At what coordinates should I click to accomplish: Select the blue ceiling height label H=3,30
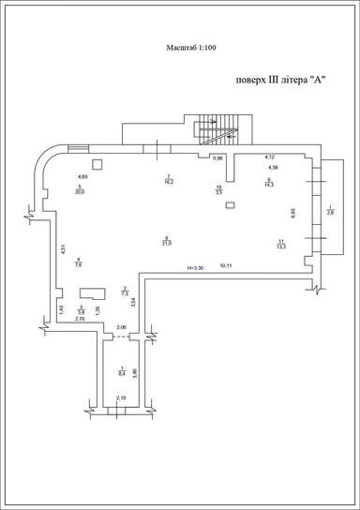(x=195, y=268)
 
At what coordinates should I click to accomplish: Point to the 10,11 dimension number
(x=226, y=266)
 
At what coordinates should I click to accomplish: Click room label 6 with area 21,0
(x=166, y=240)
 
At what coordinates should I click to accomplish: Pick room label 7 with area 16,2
(x=168, y=180)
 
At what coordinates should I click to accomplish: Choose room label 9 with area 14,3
(x=268, y=182)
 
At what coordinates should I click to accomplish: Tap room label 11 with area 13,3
(x=281, y=245)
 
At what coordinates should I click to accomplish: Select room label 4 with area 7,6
(x=79, y=262)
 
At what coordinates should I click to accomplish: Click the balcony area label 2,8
(x=330, y=211)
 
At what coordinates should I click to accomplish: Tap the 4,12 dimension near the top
(x=269, y=157)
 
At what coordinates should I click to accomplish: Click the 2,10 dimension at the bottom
(x=120, y=399)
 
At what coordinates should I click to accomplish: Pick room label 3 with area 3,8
(x=82, y=309)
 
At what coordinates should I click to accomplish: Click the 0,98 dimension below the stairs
(x=217, y=157)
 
